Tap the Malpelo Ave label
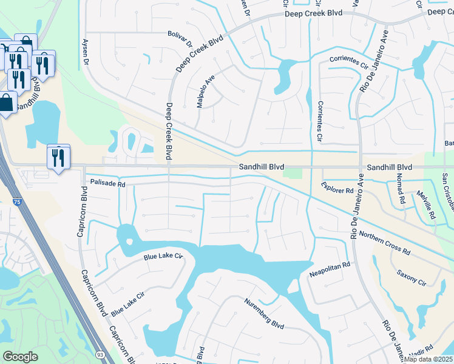coord(205,92)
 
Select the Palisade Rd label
coord(107,182)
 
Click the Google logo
coord(20,357)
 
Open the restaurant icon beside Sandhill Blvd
coord(58,157)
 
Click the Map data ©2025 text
coord(429,359)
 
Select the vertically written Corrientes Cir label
coord(320,121)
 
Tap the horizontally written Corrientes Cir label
coord(348,62)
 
